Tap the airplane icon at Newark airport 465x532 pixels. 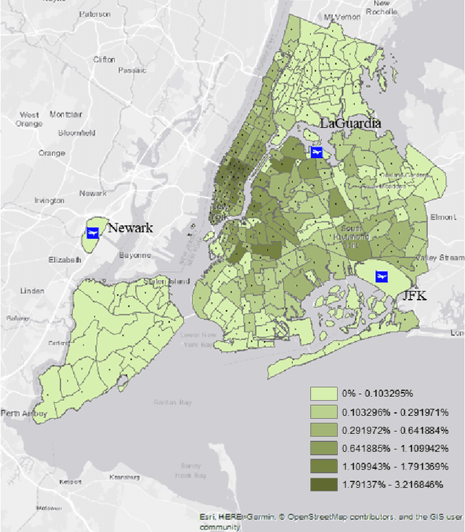92,232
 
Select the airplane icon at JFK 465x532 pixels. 379,277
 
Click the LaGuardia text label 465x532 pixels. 350,124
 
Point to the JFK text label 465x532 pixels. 416,296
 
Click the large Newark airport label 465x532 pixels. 131,228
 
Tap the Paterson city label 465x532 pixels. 95,14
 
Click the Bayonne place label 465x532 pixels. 135,255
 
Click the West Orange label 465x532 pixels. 30,119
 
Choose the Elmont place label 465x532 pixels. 442,217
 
